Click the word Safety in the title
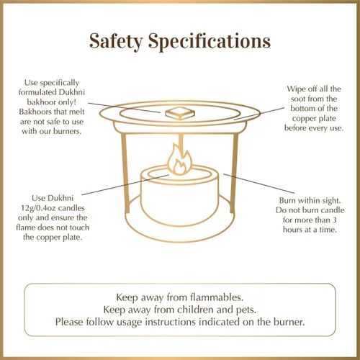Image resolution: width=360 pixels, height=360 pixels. click(x=116, y=42)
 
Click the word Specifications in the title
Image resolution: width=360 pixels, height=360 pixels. click(x=210, y=42)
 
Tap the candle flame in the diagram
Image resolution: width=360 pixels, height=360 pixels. click(x=180, y=159)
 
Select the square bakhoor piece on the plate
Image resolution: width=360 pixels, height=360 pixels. click(x=180, y=113)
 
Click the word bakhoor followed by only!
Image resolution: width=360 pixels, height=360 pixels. click(x=40, y=102)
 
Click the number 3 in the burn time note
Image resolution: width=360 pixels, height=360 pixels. click(x=335, y=220)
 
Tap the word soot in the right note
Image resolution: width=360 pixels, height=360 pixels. click(x=297, y=99)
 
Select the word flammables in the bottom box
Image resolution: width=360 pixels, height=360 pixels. click(x=217, y=297)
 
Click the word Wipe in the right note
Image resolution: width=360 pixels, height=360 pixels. click(x=296, y=89)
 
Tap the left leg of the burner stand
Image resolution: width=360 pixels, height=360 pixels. click(x=125, y=173)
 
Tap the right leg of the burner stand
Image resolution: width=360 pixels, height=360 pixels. click(x=234, y=173)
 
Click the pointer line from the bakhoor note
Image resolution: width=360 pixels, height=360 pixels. click(x=124, y=107)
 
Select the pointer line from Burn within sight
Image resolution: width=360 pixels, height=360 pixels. click(x=259, y=184)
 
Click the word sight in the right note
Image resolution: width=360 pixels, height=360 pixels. click(x=331, y=201)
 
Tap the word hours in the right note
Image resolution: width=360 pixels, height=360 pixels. click(x=292, y=230)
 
